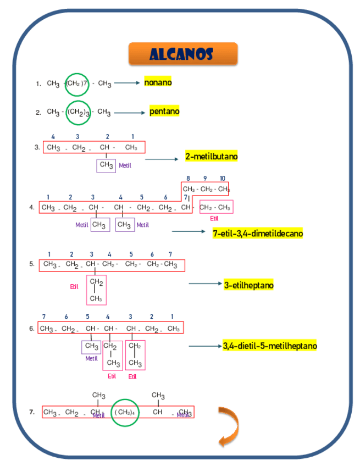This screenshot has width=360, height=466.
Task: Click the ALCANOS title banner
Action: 183,54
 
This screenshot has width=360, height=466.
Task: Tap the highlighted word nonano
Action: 158,82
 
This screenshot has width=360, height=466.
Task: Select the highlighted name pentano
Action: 164,112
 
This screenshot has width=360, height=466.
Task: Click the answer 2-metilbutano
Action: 212,157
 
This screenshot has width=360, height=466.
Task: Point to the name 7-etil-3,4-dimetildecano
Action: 258,234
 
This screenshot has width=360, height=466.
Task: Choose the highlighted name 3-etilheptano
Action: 249,285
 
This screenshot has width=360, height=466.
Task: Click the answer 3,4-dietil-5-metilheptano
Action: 270,346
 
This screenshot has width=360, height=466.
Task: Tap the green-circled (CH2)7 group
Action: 76,84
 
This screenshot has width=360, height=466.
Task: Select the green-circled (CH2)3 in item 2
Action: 79,113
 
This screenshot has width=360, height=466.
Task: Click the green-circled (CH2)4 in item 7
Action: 125,412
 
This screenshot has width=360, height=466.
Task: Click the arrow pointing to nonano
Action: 128,83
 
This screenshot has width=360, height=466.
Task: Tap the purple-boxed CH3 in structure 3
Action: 106,165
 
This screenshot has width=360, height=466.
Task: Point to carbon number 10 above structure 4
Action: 222,178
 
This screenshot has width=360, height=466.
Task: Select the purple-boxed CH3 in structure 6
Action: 91,347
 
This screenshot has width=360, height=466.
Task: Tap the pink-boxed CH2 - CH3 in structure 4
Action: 215,207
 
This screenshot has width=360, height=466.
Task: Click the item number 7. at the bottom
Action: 32,411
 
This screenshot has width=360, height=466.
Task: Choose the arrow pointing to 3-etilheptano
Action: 204,284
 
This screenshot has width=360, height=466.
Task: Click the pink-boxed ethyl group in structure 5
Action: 96,290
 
